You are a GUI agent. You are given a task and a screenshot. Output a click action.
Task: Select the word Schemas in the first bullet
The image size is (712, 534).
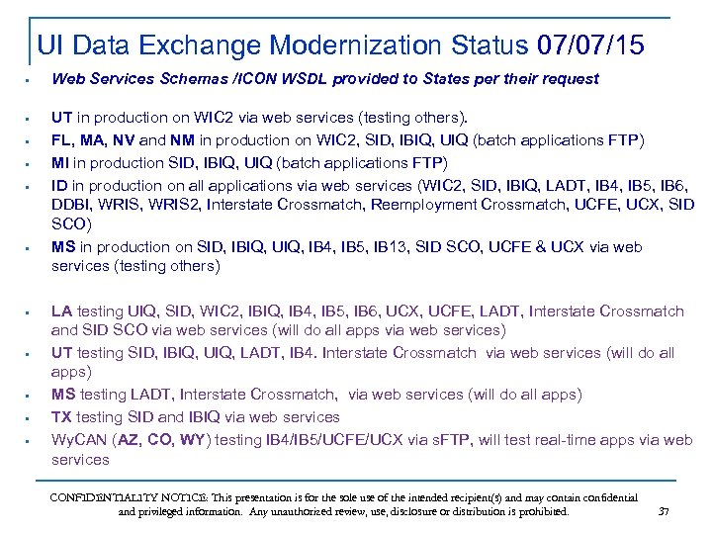(x=188, y=78)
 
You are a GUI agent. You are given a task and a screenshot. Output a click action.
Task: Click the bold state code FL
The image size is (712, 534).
(x=61, y=139)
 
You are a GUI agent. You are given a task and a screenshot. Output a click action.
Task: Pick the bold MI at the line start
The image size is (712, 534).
(x=60, y=162)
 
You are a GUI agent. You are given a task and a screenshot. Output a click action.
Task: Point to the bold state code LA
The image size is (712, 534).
(x=62, y=311)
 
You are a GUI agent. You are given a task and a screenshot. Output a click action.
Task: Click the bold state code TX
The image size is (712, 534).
(x=62, y=416)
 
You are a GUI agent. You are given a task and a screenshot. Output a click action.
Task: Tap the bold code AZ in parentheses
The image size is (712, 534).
(x=131, y=439)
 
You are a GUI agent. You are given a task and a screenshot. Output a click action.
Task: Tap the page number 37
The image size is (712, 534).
(x=664, y=511)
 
